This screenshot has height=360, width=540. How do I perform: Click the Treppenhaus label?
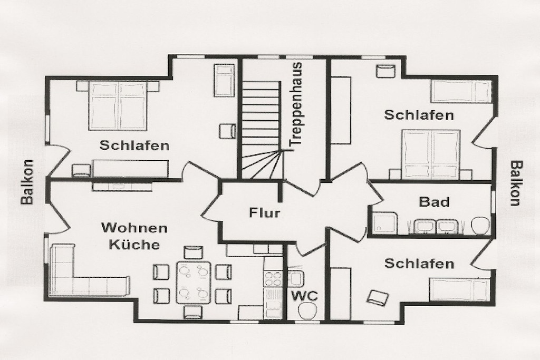click(x=296, y=103)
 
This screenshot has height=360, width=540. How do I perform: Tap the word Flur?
click(x=264, y=213)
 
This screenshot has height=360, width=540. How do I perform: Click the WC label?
click(x=305, y=296)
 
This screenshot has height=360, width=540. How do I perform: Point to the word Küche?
click(x=134, y=245)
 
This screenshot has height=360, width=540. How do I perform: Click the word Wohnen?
click(x=134, y=228)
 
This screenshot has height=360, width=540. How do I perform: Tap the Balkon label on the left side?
click(x=27, y=182)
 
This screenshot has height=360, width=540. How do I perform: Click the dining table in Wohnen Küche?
click(x=194, y=283)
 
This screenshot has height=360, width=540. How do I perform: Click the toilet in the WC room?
click(x=308, y=312)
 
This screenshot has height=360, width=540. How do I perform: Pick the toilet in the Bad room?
click(x=481, y=225)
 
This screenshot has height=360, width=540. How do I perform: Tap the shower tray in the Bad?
click(x=385, y=222)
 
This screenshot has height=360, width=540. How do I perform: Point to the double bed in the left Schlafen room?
click(x=118, y=105)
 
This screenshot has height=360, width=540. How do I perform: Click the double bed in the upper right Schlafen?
click(x=430, y=154)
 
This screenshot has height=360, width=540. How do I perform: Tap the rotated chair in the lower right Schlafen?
click(x=378, y=298)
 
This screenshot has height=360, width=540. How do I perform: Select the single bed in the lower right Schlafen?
click(x=460, y=289)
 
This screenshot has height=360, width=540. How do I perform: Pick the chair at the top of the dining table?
click(x=194, y=252)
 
